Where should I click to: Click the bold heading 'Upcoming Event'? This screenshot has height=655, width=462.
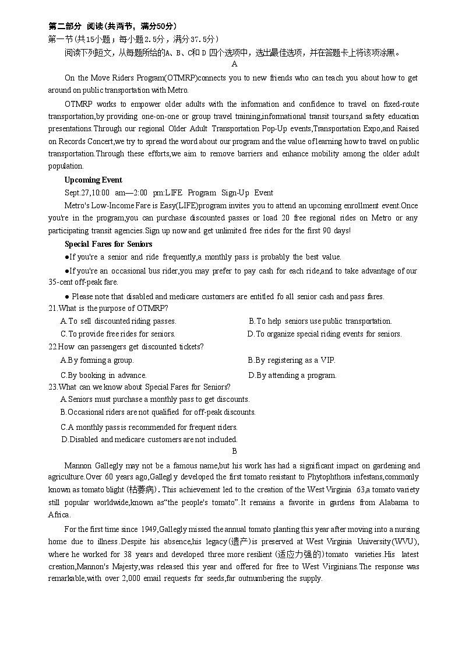(x=93, y=180)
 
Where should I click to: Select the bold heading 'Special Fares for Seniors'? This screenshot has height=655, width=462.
(x=108, y=244)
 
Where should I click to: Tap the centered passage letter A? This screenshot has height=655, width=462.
(x=234, y=64)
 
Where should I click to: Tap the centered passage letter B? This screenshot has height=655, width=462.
(x=234, y=451)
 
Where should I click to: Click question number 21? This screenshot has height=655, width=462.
(x=52, y=308)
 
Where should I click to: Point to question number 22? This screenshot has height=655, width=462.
(x=52, y=346)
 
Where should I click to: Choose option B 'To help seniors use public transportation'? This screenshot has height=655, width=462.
(x=320, y=321)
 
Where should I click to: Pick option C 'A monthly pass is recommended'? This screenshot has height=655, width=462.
(x=149, y=427)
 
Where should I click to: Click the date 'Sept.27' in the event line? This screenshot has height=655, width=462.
(x=76, y=192)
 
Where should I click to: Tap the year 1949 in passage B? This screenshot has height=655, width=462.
(x=147, y=529)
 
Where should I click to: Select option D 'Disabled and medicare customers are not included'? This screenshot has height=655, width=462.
(x=149, y=439)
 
